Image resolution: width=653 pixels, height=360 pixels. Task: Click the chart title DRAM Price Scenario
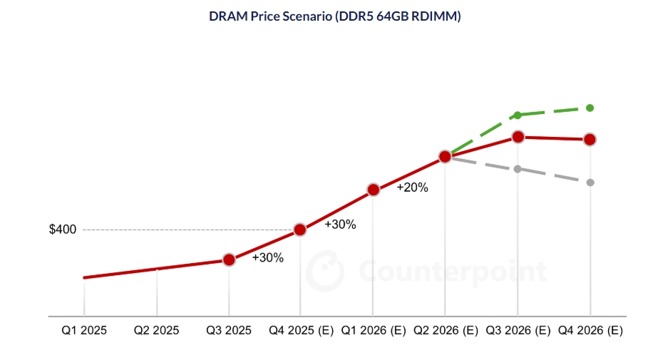pos(324,16)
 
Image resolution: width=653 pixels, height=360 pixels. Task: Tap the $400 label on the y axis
pos(63,230)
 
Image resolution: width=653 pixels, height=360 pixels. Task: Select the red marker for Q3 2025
pos(229,259)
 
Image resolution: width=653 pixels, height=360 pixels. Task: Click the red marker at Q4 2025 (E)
pos(300,230)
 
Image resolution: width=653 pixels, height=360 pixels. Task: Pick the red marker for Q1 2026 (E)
pos(373,190)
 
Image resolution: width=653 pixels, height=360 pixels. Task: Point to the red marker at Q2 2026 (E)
pos(445,156)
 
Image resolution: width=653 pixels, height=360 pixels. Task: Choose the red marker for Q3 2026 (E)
pos(518,136)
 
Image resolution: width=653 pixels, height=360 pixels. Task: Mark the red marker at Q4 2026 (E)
pos(590,139)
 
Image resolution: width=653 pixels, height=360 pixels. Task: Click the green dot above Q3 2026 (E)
pos(518,115)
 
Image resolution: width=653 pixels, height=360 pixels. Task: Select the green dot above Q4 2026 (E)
pos(590,108)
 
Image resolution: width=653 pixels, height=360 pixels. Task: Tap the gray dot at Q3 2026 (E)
pos(518,169)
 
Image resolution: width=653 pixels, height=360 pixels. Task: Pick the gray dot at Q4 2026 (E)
pos(590,182)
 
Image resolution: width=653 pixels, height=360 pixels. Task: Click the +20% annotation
pos(412,187)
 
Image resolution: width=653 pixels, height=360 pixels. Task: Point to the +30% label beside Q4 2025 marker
pos(340,225)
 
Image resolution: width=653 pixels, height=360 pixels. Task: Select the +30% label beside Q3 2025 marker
pos(267,258)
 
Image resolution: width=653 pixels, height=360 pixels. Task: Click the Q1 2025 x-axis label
pos(84,331)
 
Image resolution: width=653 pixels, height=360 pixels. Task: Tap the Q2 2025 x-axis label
pos(157,331)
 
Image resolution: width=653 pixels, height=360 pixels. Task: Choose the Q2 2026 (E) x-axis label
pos(446,331)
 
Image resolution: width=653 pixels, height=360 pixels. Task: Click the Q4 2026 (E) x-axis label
pos(590,331)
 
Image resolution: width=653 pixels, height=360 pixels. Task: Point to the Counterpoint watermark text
pos(453,272)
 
